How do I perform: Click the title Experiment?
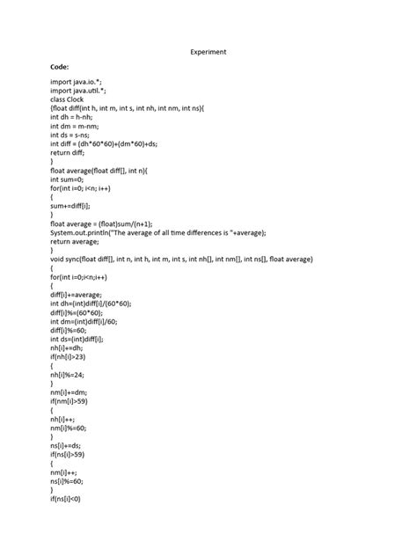pos(208,52)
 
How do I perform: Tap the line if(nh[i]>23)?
pos(72,357)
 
